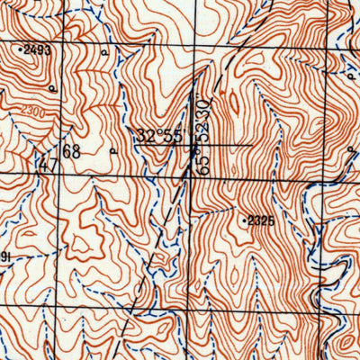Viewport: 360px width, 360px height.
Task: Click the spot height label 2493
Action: [x=37, y=50]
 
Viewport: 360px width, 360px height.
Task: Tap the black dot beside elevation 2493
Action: [x=21, y=50]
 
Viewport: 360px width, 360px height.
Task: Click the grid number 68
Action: [x=71, y=151]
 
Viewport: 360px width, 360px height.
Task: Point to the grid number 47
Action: [x=47, y=163]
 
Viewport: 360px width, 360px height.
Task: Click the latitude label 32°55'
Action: [x=160, y=136]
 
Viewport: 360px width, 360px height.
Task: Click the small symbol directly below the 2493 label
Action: [x=52, y=88]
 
